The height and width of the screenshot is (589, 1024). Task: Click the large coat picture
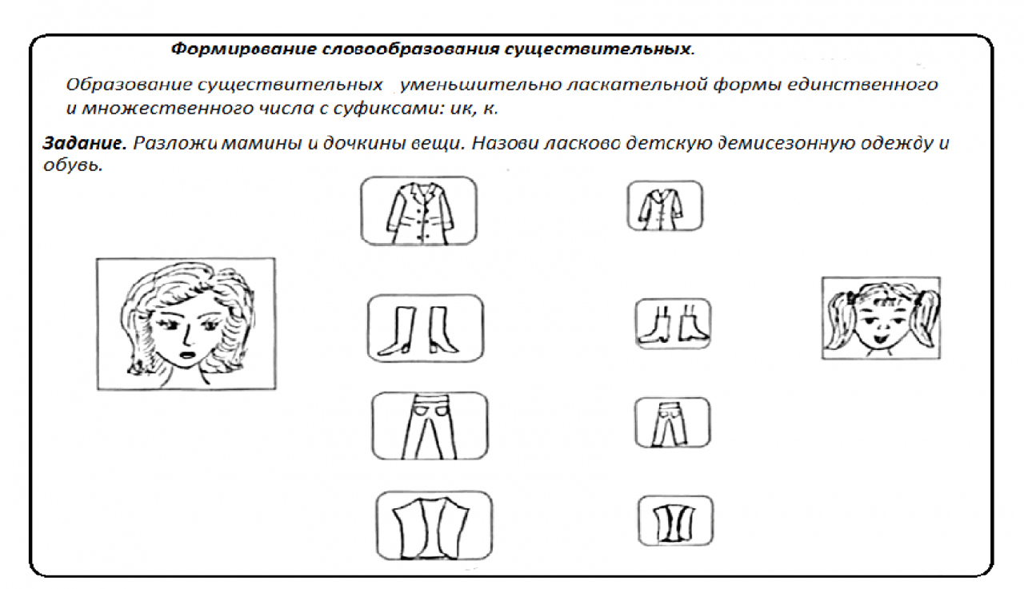(418, 212)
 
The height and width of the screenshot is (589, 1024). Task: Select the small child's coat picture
(665, 206)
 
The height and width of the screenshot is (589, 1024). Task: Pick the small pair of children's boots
(673, 324)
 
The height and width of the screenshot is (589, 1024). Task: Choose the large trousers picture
(430, 426)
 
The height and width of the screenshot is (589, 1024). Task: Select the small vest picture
(675, 520)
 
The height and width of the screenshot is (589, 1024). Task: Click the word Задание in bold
(85, 143)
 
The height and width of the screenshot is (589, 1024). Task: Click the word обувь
(73, 165)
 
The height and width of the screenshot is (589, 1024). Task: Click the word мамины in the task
(262, 144)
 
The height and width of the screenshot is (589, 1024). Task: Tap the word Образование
(129, 85)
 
